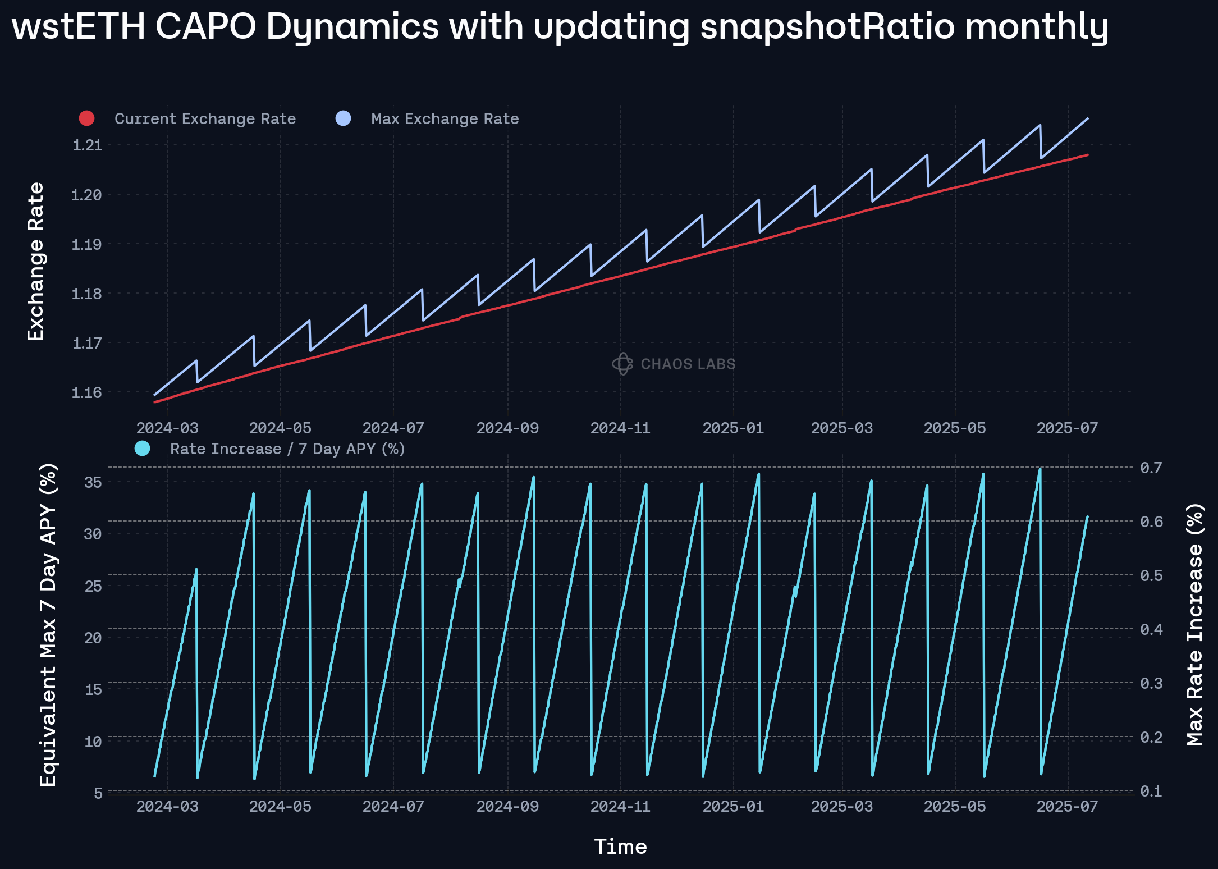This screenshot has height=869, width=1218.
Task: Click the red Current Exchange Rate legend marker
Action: pyautogui.click(x=86, y=118)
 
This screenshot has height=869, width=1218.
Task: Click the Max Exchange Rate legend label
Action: pyautogui.click(x=445, y=119)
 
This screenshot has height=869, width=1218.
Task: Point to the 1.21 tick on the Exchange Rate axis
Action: pyautogui.click(x=87, y=145)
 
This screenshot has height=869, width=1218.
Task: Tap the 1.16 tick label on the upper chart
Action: pyautogui.click(x=87, y=392)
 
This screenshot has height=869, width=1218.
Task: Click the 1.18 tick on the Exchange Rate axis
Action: pyautogui.click(x=87, y=294)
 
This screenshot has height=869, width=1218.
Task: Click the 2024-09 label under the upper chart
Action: pyautogui.click(x=507, y=428)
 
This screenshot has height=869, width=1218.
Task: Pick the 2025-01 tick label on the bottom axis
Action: pyautogui.click(x=733, y=807)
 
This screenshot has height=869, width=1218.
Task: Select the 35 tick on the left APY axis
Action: pyautogui.click(x=93, y=482)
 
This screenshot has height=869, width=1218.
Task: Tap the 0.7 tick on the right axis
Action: pyautogui.click(x=1151, y=468)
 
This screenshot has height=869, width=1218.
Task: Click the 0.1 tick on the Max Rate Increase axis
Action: pyautogui.click(x=1151, y=791)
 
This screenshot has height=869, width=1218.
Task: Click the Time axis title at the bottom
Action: pyautogui.click(x=620, y=847)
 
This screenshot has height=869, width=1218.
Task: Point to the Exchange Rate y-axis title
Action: pyautogui.click(x=36, y=262)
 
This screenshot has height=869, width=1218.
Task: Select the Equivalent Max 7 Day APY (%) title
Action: pyautogui.click(x=48, y=624)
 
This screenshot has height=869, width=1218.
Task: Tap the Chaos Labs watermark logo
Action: pyautogui.click(x=622, y=364)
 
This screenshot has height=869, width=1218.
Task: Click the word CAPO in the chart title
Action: pyautogui.click(x=205, y=26)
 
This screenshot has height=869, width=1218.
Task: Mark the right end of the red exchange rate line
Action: pyautogui.click(x=1088, y=154)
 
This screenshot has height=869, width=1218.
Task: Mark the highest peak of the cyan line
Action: pyautogui.click(x=1040, y=469)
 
